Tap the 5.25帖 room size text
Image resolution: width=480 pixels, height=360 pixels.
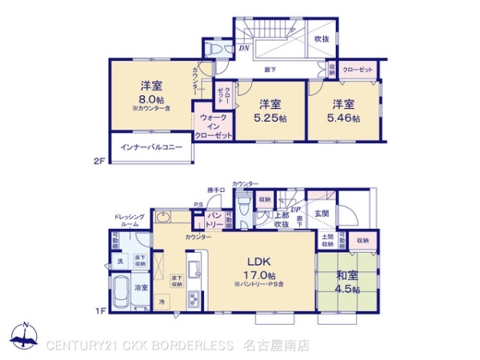pyautogui.click(x=270, y=118)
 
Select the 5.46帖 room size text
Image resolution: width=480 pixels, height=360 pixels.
pyautogui.click(x=345, y=118)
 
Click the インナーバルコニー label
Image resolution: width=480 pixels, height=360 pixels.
pyautogui.click(x=151, y=148)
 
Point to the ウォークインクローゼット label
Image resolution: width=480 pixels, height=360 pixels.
pyautogui.click(x=214, y=127)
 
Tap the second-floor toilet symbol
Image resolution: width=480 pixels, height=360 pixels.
pyautogui.click(x=214, y=48)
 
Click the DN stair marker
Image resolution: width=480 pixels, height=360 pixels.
pyautogui.click(x=244, y=49)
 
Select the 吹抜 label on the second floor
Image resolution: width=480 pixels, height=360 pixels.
pyautogui.click(x=321, y=38)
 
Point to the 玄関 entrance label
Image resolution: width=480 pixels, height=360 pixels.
pyautogui.click(x=322, y=213)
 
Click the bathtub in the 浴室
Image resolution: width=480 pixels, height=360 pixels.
pyautogui.click(x=120, y=291)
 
